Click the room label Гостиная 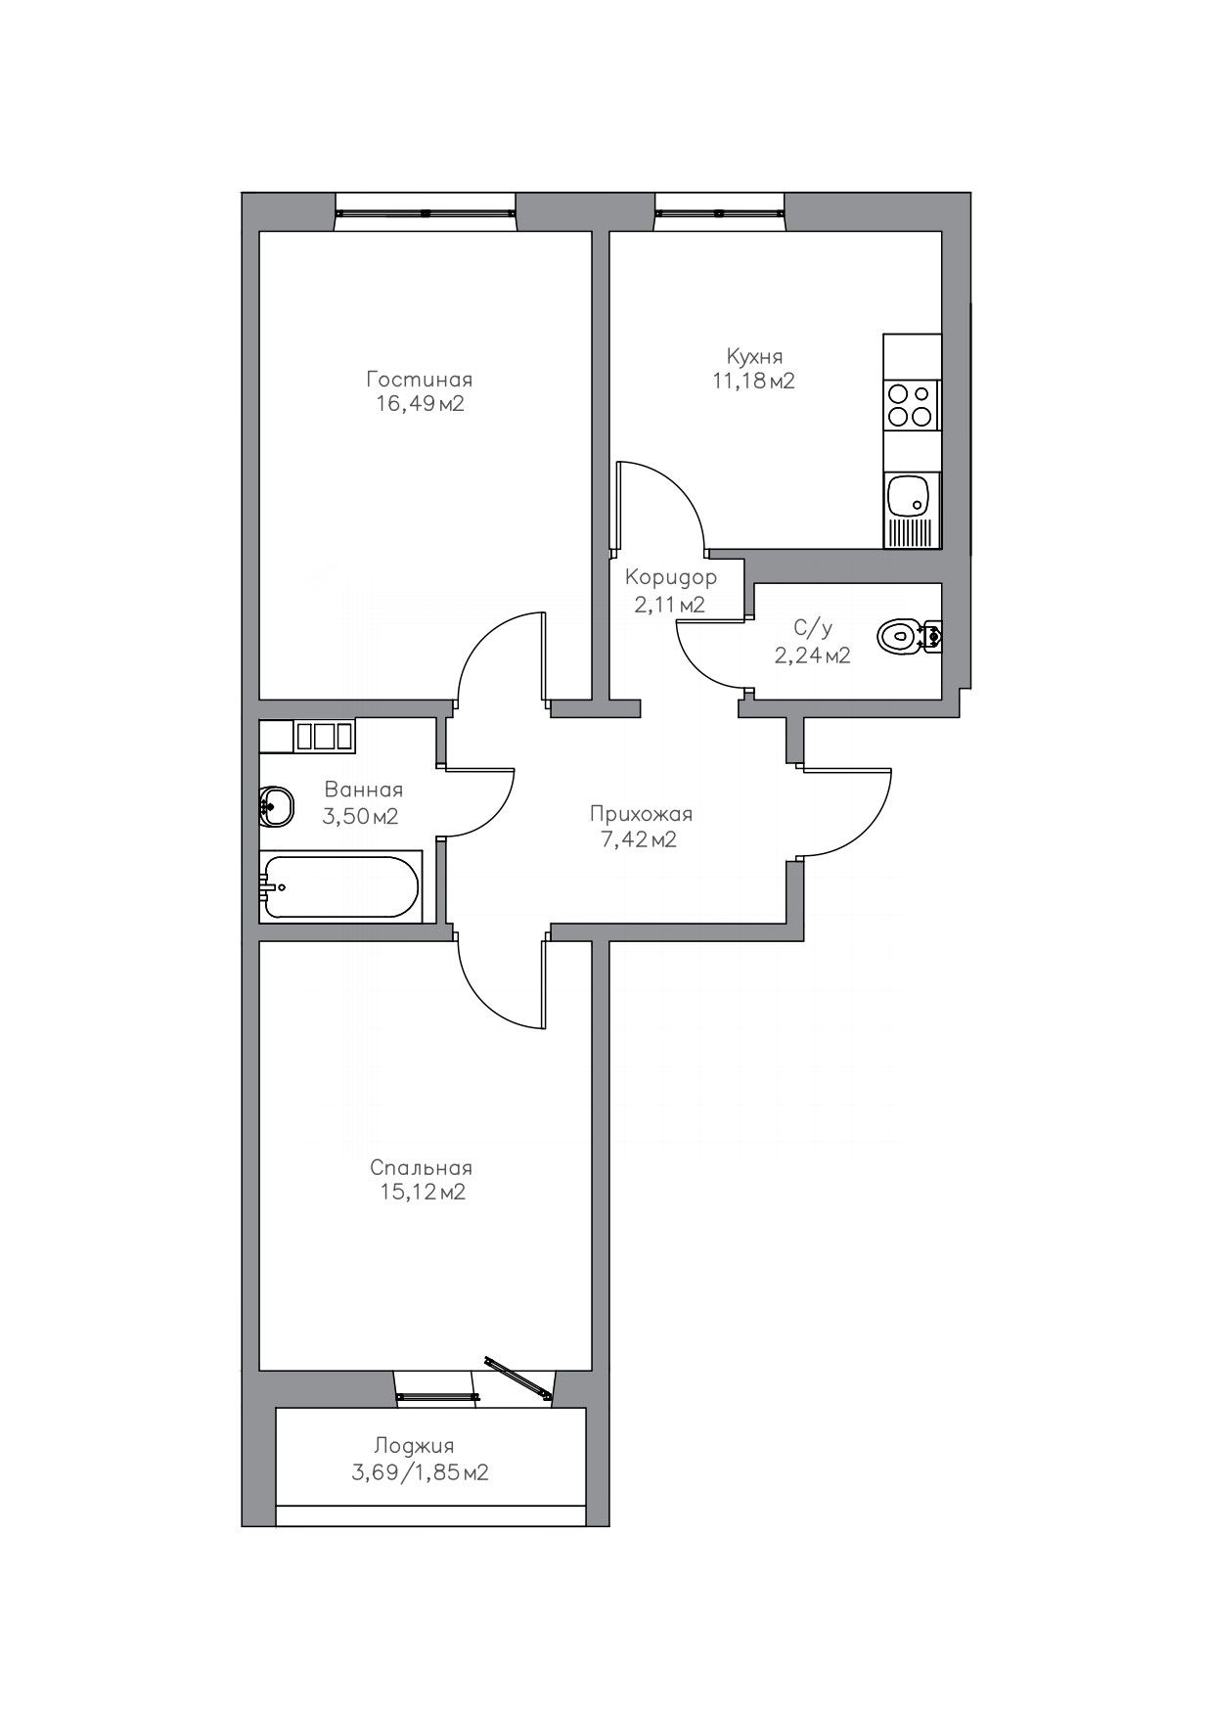tap(420, 379)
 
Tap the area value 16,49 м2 tap(420, 403)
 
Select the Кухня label tap(754, 356)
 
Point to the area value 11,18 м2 tap(753, 381)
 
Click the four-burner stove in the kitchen tap(911, 405)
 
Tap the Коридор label tap(671, 577)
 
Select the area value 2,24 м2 tap(812, 655)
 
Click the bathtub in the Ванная tap(340, 887)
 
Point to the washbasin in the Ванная tap(277, 807)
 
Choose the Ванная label tap(363, 790)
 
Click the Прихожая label tap(641, 814)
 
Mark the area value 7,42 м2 tap(641, 839)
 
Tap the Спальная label tap(421, 1168)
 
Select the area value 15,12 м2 tap(421, 1193)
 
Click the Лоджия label tap(414, 1446)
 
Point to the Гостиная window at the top tap(426, 211)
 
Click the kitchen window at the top tap(720, 211)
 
